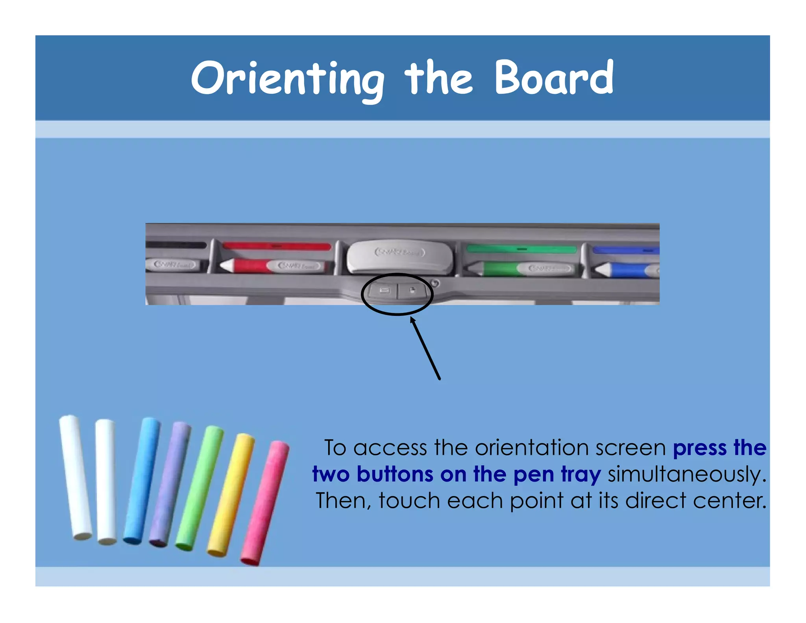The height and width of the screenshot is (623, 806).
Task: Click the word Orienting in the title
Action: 287,79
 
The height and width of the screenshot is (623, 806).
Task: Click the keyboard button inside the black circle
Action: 383,291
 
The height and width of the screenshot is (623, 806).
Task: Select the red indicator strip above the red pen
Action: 277,246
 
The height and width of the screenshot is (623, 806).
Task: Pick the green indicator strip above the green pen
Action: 521,249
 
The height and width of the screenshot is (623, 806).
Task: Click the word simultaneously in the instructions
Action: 687,474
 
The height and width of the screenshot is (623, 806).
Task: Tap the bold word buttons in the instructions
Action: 395,474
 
